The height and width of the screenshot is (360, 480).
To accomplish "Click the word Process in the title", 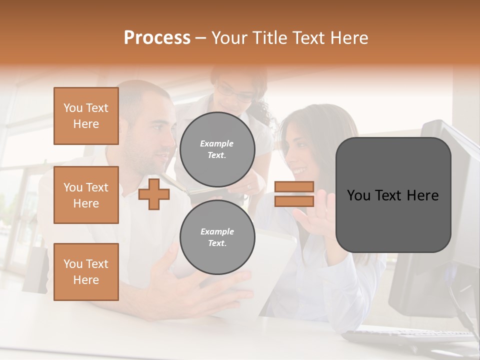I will click(157, 37).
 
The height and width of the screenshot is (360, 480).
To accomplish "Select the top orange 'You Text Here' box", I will click(86, 116).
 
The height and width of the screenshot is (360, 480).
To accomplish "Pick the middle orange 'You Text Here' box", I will click(86, 195).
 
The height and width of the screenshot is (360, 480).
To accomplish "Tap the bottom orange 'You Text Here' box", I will click(86, 272).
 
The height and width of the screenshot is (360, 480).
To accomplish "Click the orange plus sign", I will click(153, 194).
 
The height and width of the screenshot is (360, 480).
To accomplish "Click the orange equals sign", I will click(294, 194).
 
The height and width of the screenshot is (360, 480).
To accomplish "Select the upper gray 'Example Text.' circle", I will click(217, 149).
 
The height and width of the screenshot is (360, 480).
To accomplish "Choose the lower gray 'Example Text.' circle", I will click(217, 237).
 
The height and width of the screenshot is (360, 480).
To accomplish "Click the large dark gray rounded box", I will click(393, 195).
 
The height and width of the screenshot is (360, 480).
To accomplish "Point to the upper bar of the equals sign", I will click(294, 187).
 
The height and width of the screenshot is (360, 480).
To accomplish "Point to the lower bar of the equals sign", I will click(294, 201).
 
